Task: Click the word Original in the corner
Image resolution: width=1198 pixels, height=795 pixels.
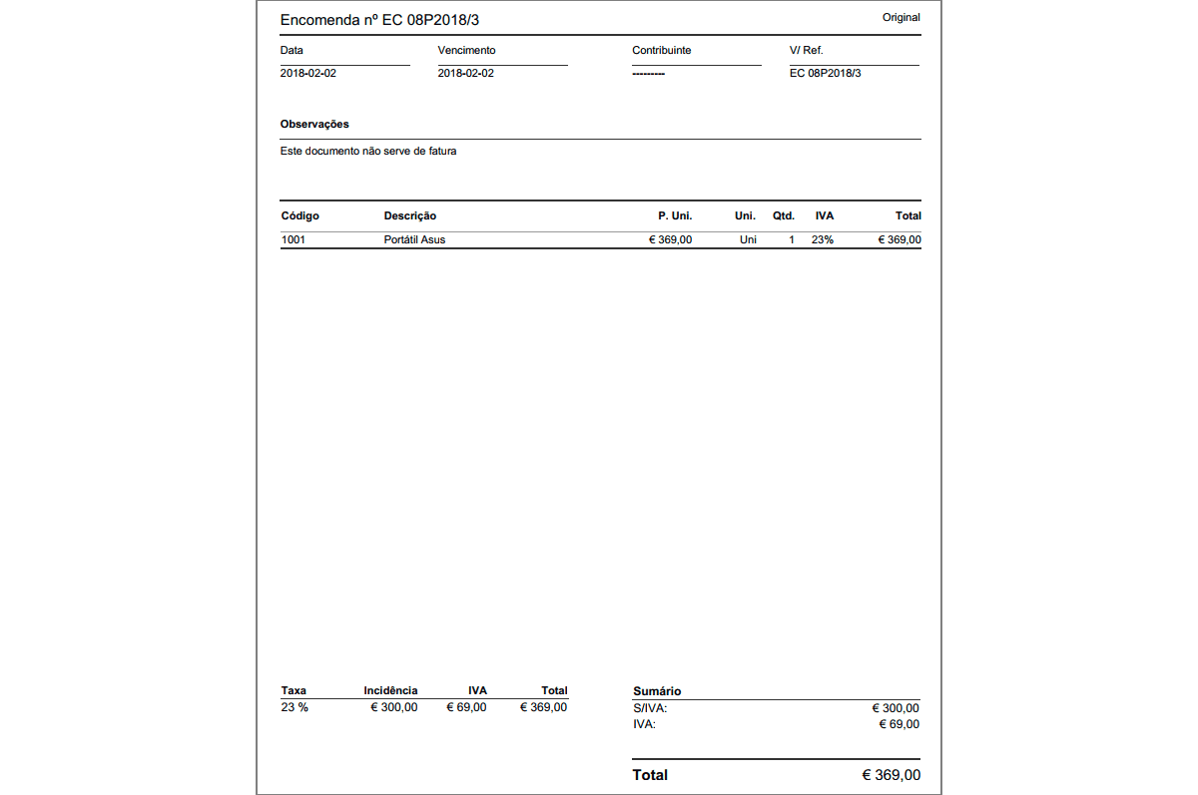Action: pyautogui.click(x=900, y=17)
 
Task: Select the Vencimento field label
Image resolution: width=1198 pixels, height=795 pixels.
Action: pyautogui.click(x=466, y=50)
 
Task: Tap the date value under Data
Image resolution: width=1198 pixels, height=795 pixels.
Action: pyautogui.click(x=308, y=73)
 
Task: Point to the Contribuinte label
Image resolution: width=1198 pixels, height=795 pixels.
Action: pyautogui.click(x=661, y=50)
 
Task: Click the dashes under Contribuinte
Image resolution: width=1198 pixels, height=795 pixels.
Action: pyautogui.click(x=648, y=74)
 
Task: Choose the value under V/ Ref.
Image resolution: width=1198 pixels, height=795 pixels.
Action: pyautogui.click(x=825, y=73)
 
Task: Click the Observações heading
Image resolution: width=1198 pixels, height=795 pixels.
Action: pyautogui.click(x=314, y=124)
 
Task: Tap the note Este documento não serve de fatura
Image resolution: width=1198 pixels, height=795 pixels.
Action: pyautogui.click(x=368, y=152)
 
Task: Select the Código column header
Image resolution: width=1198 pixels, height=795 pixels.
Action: pyautogui.click(x=299, y=215)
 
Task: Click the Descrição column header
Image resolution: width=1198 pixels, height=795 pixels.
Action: pyautogui.click(x=409, y=215)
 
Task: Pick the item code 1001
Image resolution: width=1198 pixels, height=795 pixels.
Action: pyautogui.click(x=294, y=239)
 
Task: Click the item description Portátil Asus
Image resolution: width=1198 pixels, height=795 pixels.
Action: pyautogui.click(x=414, y=239)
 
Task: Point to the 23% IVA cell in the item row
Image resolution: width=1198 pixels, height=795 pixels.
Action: pyautogui.click(x=822, y=239)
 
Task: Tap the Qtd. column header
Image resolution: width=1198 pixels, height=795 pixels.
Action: pyautogui.click(x=783, y=215)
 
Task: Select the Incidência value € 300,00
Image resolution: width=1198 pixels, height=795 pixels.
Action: pyautogui.click(x=394, y=707)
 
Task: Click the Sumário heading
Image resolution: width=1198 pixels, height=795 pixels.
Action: pyautogui.click(x=657, y=691)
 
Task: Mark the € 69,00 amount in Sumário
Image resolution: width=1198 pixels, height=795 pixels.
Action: pyautogui.click(x=898, y=724)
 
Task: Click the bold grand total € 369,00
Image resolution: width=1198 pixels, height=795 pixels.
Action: pyautogui.click(x=891, y=775)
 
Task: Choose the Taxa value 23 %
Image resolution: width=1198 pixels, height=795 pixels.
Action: pyautogui.click(x=295, y=707)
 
